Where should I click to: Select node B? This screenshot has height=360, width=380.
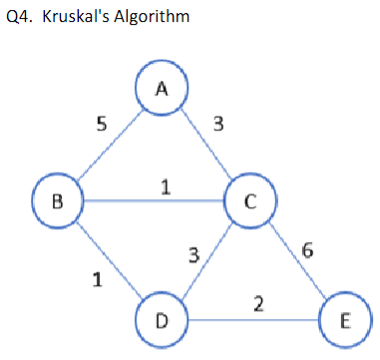click(57, 200)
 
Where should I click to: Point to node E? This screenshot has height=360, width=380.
click(343, 320)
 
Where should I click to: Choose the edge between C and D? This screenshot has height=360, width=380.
click(204, 260)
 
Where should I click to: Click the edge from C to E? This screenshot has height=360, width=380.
click(295, 259)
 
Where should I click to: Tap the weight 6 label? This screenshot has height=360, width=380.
click(309, 250)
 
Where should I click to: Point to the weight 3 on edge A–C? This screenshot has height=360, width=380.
click(218, 125)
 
